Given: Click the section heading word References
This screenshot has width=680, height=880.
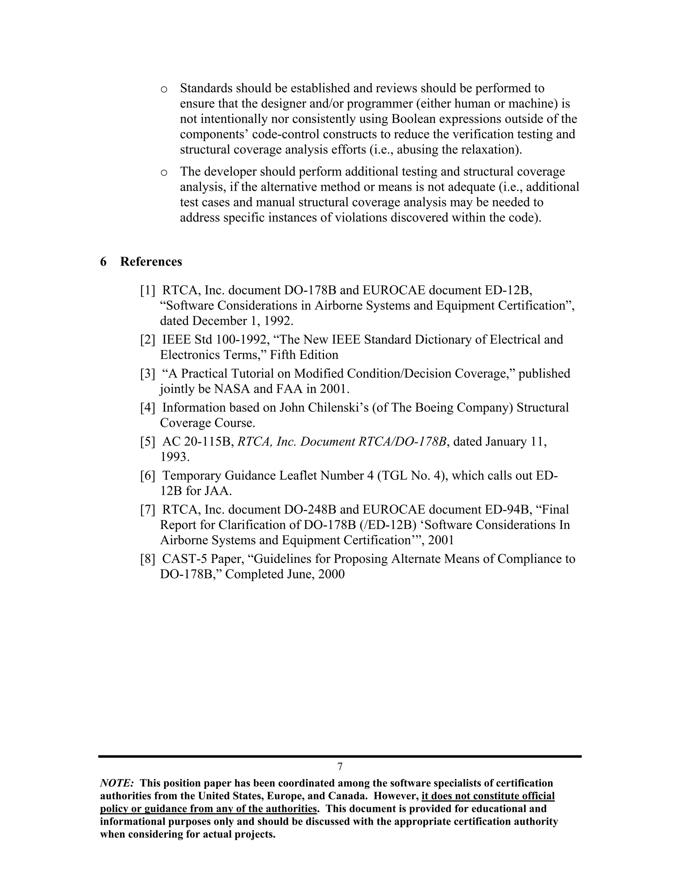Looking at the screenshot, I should pos(151,262).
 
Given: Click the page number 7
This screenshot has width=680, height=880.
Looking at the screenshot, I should pos(340,766).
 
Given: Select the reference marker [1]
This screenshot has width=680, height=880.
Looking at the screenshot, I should pos(147,291).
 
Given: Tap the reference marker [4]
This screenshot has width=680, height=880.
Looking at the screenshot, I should pos(147,408).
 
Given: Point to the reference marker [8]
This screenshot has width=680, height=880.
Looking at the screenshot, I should pos(147,559).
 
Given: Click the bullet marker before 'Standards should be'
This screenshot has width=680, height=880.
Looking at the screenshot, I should pos(164,89).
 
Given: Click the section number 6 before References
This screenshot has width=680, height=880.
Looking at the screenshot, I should pos(104,262).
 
